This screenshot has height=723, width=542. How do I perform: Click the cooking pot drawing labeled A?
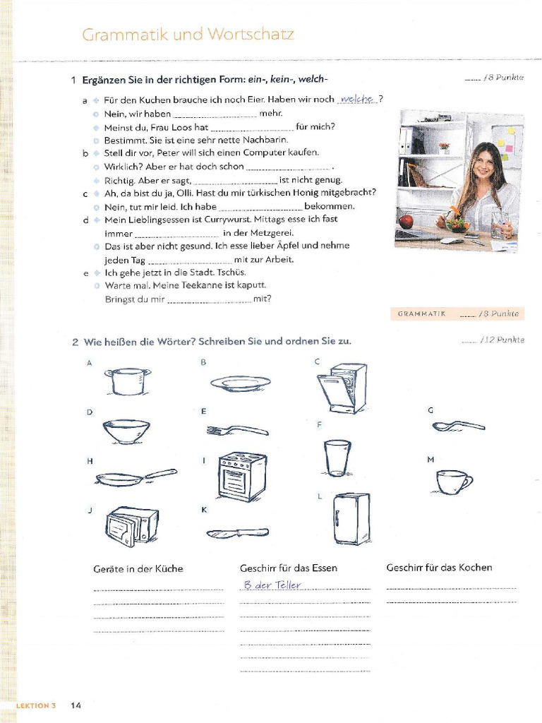[x=128, y=381]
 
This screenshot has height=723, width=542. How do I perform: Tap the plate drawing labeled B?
[x=240, y=383]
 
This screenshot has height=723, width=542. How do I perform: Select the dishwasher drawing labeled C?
[x=342, y=388]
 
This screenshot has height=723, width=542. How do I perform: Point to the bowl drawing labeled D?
[x=126, y=431]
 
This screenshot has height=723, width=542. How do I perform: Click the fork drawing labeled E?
[x=237, y=429]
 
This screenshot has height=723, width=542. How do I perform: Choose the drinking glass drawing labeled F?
[x=337, y=457]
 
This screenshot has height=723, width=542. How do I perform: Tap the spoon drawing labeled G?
[x=458, y=426]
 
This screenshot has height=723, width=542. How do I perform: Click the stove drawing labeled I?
[x=242, y=476]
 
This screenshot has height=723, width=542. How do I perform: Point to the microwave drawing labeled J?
[x=132, y=527]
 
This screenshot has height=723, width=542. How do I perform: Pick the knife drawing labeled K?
[x=237, y=533]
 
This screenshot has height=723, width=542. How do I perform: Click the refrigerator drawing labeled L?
[x=351, y=518]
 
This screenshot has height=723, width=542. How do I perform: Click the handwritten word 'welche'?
[x=357, y=100]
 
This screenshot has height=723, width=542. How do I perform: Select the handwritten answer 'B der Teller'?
[x=272, y=585]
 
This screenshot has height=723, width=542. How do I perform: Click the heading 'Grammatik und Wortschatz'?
[x=188, y=35]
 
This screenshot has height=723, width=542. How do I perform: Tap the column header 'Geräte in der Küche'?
[x=138, y=568]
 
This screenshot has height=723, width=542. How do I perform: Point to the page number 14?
[x=76, y=705]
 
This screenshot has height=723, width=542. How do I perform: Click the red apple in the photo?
[x=406, y=222]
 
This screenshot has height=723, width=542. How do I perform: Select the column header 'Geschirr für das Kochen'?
[x=439, y=567]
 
